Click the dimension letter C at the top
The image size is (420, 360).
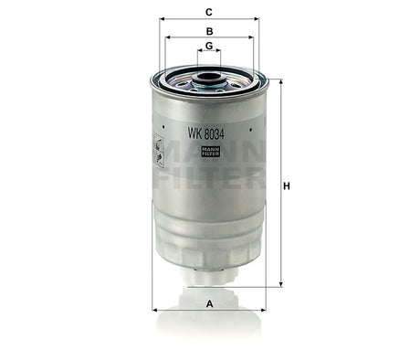click(x=209, y=12)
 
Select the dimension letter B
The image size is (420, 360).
click(x=209, y=31)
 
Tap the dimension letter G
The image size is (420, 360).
click(x=209, y=46)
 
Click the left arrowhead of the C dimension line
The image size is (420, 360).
click(x=162, y=19)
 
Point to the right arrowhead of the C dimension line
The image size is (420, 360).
click(x=257, y=19)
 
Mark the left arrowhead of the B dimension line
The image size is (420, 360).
click(x=167, y=37)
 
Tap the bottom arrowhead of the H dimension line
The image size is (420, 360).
click(x=280, y=284)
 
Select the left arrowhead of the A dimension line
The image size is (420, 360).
click(x=154, y=310)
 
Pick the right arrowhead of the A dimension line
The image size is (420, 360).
click(x=264, y=310)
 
